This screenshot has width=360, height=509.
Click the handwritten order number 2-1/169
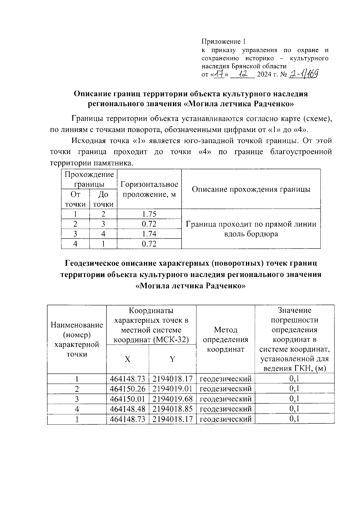click(303, 74)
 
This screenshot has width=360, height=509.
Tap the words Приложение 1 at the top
click(223, 41)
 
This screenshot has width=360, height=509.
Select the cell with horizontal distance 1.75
click(149, 214)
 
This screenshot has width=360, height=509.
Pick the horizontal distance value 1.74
click(149, 234)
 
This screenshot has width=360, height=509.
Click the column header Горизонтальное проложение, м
click(149, 189)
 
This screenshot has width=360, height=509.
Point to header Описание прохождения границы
click(251, 189)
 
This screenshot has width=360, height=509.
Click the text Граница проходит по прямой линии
click(251, 224)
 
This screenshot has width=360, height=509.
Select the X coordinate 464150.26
click(127, 389)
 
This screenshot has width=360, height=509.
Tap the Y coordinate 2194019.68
click(172, 399)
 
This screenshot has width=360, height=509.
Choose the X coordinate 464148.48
click(127, 409)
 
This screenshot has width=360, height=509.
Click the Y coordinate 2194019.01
click(172, 389)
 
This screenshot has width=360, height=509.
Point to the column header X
click(127, 359)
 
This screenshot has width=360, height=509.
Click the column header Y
click(172, 359)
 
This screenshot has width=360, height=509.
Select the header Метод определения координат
click(225, 339)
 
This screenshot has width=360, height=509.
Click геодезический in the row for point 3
click(225, 399)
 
